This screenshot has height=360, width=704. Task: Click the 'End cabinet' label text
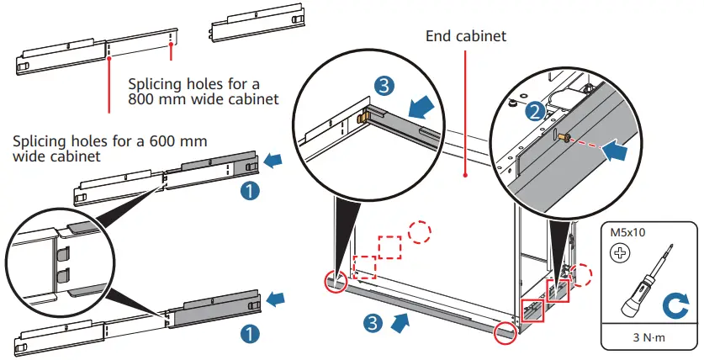point(466,36)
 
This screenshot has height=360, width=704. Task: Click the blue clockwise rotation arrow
point(676,304)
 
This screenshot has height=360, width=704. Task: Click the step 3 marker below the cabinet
point(373,323)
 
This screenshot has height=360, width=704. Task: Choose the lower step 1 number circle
point(250,333)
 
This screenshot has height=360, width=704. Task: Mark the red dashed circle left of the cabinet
point(419,231)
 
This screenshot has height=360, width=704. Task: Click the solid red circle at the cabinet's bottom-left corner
point(336,283)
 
